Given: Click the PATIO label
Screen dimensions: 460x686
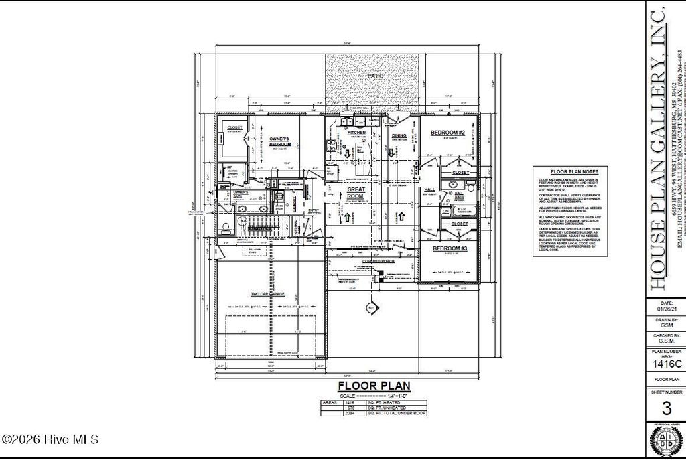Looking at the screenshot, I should click(x=376, y=76).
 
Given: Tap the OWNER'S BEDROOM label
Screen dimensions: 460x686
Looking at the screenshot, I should click(x=279, y=141).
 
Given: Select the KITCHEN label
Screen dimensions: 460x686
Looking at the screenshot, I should click(x=357, y=133).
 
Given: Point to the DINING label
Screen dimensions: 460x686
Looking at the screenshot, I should click(x=399, y=135).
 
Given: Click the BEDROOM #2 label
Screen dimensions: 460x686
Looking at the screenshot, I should click(x=448, y=133).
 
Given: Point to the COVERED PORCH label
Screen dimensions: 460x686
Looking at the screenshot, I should click(x=376, y=261).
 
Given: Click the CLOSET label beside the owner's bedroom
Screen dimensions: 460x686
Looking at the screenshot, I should click(x=234, y=127).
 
